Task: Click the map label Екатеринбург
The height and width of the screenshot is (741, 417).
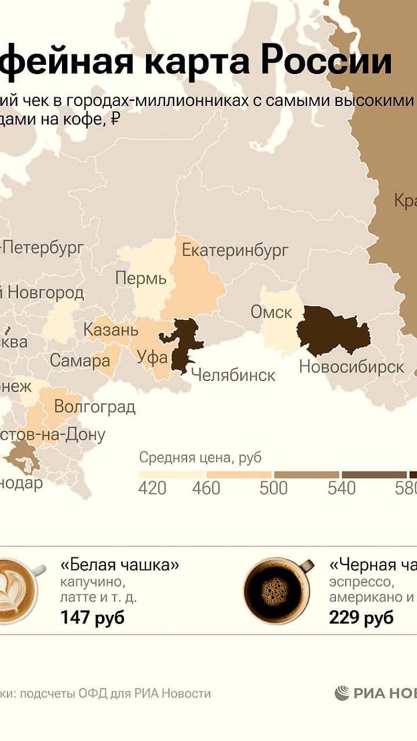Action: coord(235,251)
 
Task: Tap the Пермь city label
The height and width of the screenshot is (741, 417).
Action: coord(141,278)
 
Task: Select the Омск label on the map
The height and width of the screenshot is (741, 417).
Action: coord(271,312)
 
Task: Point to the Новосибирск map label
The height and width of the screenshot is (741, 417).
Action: coord(351,366)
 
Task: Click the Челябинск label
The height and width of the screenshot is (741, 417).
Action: coord(233,375)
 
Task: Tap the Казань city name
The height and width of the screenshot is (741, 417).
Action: coord(111,330)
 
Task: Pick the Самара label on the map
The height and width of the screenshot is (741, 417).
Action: coord(79,361)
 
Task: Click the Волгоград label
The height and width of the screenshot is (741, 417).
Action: coord(94,406)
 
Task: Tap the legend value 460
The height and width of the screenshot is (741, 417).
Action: coord(206,488)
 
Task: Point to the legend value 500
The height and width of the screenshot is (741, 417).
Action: coord(273,488)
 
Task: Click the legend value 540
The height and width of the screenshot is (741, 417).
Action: coord(341,488)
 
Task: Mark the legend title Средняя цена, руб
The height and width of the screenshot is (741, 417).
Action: coord(200,458)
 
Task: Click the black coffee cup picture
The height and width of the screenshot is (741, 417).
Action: coord(276,590)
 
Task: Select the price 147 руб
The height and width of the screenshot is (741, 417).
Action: coord(92,618)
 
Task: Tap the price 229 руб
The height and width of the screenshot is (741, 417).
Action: coord(361,618)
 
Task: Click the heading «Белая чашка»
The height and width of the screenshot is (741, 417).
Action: coord(119,565)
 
